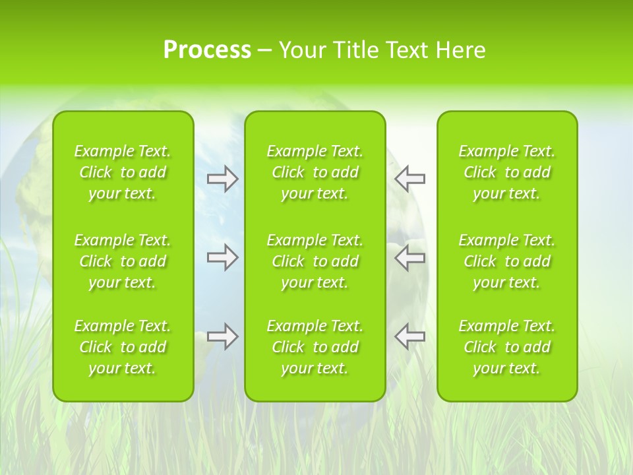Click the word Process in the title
(x=207, y=50)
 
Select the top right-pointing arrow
(x=222, y=179)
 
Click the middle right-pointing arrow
(x=222, y=257)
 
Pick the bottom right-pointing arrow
(x=222, y=336)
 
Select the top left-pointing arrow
(x=410, y=179)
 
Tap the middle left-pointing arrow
(x=410, y=257)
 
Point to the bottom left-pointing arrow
(x=410, y=336)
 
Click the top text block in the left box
(x=123, y=172)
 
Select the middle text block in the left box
(x=123, y=261)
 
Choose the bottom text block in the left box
(x=123, y=347)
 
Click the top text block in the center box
(x=315, y=172)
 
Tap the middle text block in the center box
(x=315, y=261)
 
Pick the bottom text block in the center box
(x=315, y=347)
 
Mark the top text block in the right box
(x=507, y=172)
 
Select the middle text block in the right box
(x=507, y=261)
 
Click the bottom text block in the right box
(x=507, y=347)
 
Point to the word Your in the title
(x=301, y=50)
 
